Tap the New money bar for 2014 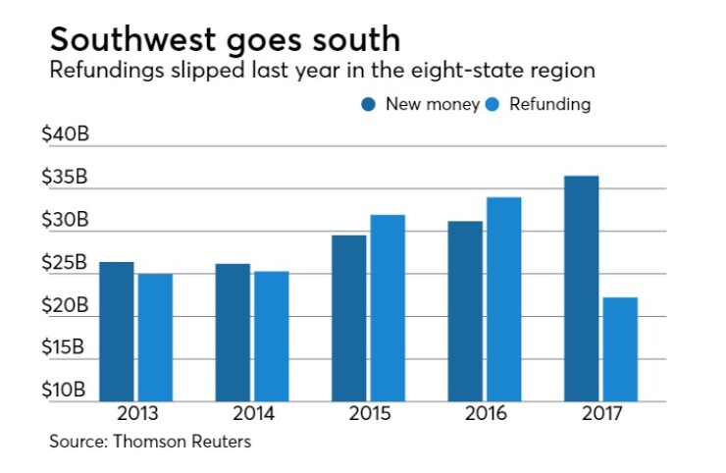click(x=233, y=333)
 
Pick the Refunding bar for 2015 click(x=388, y=308)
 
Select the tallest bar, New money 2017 click(x=581, y=289)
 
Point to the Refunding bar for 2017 click(x=619, y=349)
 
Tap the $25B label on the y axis click(x=65, y=264)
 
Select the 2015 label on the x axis click(x=368, y=412)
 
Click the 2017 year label click(x=600, y=412)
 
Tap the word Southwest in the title click(x=129, y=40)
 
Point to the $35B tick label click(x=65, y=179)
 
